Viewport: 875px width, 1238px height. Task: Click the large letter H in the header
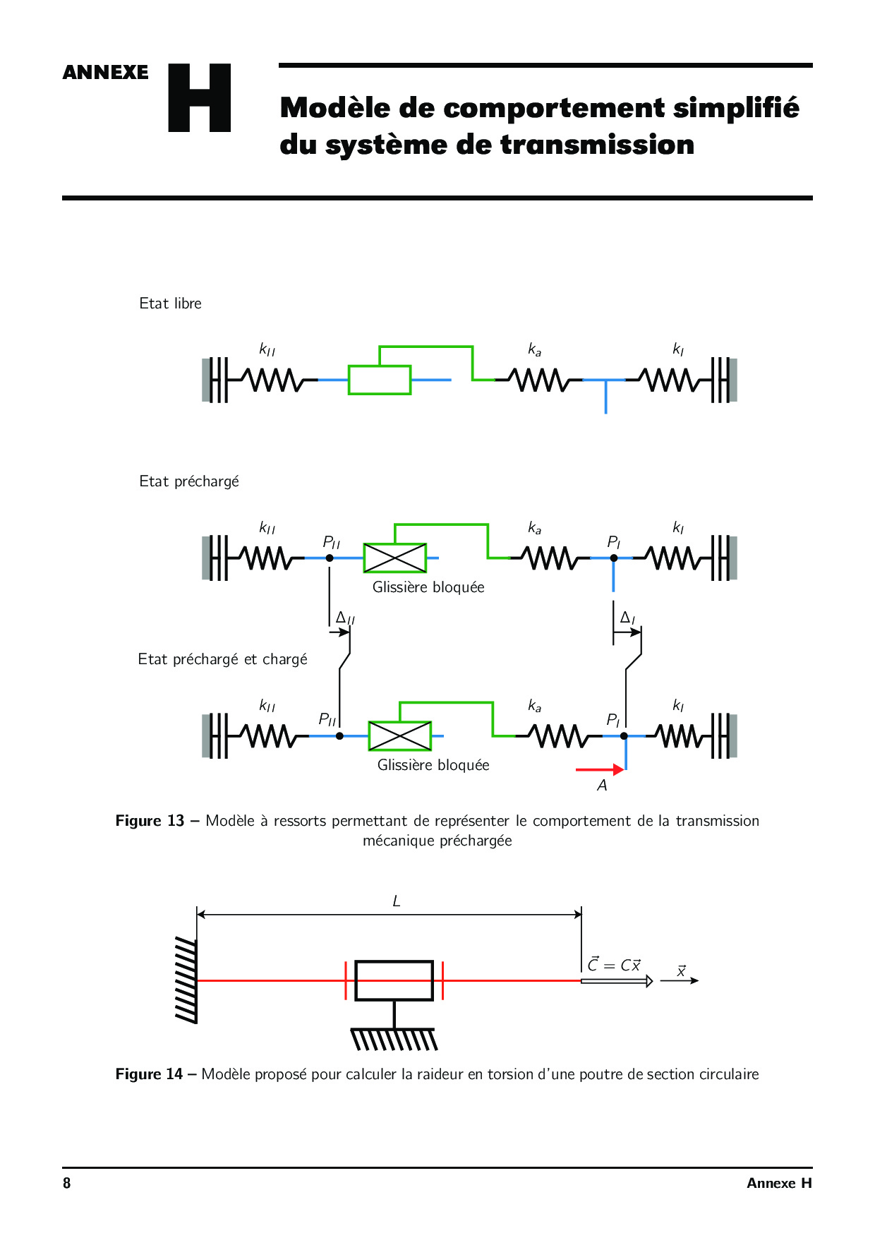point(200,98)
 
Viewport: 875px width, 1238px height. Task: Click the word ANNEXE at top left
point(106,73)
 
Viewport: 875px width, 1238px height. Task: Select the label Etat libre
point(170,304)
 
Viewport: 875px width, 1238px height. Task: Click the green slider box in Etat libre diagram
point(380,380)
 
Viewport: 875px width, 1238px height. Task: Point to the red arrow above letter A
point(599,769)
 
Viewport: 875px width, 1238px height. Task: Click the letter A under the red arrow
point(602,786)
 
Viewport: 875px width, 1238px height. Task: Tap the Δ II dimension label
point(345,618)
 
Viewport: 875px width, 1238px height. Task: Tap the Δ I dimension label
point(627,618)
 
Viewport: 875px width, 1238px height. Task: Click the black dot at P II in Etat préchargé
point(330,558)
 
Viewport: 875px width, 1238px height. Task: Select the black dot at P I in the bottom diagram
point(624,736)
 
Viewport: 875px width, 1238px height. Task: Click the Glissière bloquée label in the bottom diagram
point(433,765)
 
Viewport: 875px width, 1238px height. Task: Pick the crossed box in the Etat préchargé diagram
point(395,558)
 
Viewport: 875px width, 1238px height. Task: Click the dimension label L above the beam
point(397,901)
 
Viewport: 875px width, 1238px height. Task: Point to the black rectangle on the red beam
point(394,980)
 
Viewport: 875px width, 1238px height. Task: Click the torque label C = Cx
point(614,965)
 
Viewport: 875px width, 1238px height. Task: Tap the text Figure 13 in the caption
point(150,821)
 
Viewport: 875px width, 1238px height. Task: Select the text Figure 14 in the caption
point(149,1074)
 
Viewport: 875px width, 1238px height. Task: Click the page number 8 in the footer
point(67,1184)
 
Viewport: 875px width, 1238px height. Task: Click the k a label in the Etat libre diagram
point(535,349)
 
